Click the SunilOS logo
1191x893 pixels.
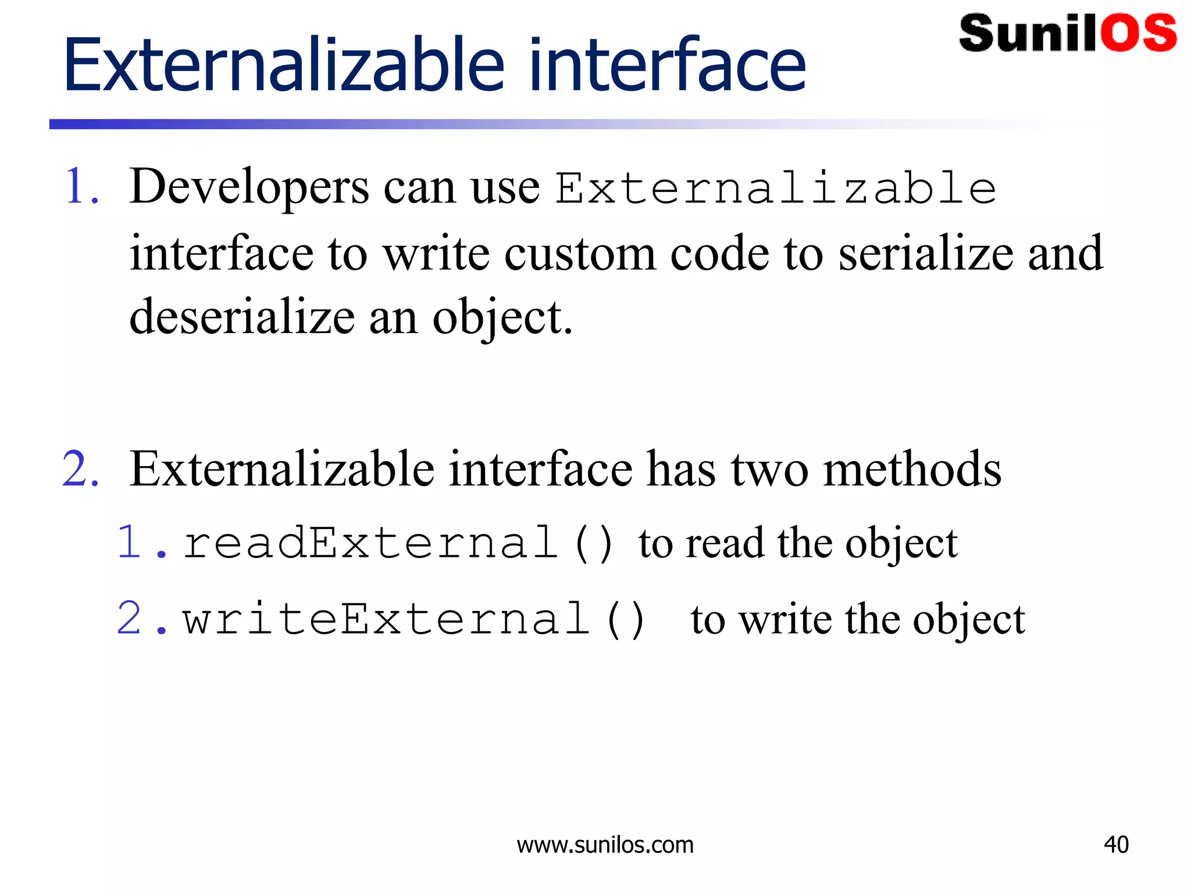1067,34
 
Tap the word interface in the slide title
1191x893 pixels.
667,65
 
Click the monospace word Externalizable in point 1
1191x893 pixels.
776,188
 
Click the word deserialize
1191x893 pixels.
242,318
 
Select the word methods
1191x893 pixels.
912,469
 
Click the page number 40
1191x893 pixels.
1116,845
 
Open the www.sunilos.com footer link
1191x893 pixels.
605,845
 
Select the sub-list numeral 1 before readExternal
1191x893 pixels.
129,543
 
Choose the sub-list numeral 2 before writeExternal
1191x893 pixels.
129,619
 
